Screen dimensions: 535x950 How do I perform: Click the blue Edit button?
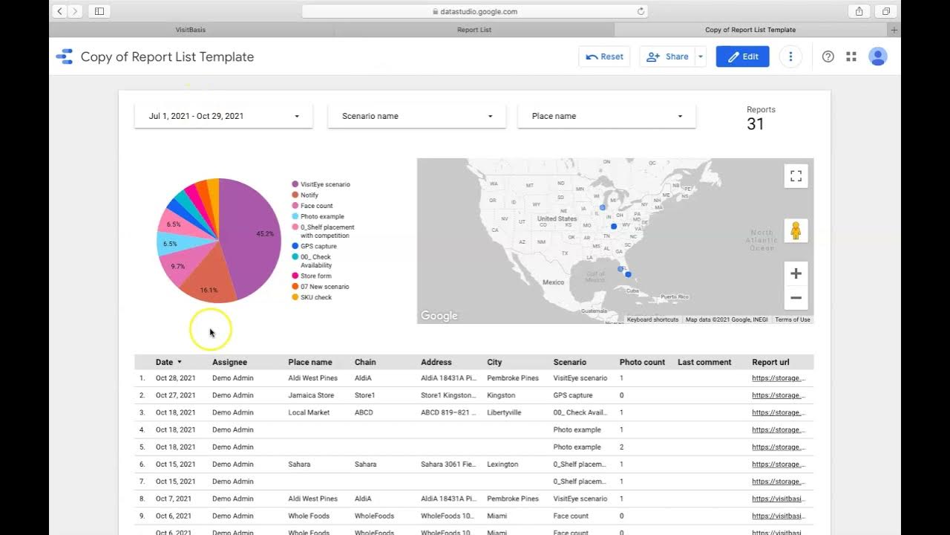(x=742, y=56)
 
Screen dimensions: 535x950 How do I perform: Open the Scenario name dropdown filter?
(x=416, y=116)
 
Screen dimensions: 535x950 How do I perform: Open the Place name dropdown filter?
(x=606, y=116)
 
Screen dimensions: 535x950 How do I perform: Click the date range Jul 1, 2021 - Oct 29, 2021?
(x=223, y=116)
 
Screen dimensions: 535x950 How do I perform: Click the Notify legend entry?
(x=309, y=195)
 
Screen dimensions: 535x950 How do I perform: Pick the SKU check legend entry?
(x=315, y=297)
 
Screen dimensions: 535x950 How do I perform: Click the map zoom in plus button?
(x=796, y=274)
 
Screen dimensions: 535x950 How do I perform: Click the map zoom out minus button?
(x=796, y=298)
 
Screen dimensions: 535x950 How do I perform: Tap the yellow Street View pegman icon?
(x=796, y=231)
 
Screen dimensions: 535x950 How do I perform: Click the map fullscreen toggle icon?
(x=796, y=176)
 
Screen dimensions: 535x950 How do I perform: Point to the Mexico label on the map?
(x=553, y=282)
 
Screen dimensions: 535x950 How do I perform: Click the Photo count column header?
(x=642, y=363)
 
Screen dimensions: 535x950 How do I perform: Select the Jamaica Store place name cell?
(x=311, y=395)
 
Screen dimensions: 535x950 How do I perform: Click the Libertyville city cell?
(x=504, y=412)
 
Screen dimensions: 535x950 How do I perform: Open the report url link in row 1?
(x=779, y=378)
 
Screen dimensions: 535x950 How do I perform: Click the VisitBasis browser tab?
(x=191, y=30)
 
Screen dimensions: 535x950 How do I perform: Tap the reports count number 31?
(x=756, y=124)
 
